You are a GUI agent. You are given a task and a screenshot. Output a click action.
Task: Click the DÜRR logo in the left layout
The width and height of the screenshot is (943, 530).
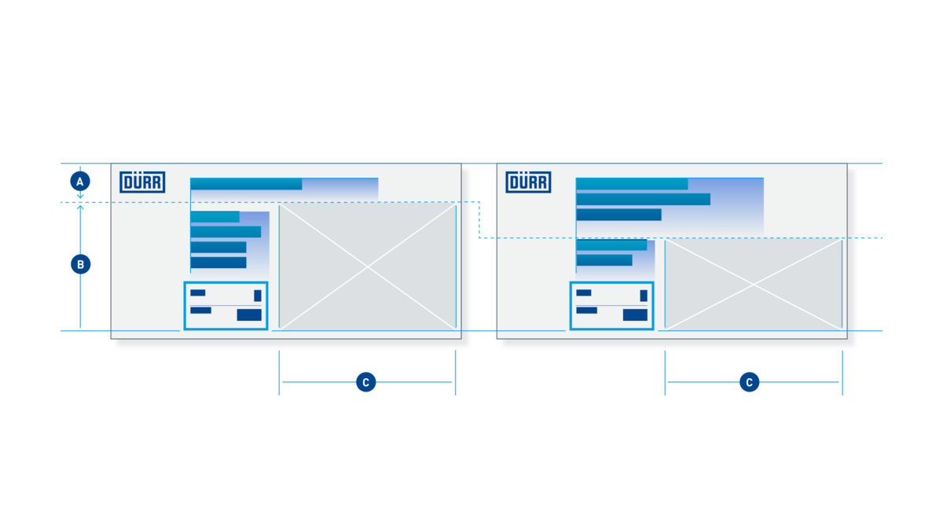(142, 182)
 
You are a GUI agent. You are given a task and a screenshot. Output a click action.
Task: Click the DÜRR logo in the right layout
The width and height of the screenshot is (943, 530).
(528, 182)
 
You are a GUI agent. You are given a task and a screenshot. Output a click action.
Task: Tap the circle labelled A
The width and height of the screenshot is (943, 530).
(80, 182)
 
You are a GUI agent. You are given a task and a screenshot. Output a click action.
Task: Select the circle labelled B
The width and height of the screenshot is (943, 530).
(80, 264)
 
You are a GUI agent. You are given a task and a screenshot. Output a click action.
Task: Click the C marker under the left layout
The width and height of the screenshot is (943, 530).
(366, 382)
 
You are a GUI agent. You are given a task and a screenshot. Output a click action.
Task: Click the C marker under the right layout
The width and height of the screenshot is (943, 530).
(750, 382)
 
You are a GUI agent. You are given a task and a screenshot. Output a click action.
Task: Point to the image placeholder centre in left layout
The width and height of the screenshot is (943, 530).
(368, 267)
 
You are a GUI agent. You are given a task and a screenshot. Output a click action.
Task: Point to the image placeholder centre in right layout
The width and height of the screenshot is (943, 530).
(754, 285)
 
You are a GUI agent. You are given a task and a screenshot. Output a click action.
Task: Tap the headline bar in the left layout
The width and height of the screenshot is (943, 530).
(246, 184)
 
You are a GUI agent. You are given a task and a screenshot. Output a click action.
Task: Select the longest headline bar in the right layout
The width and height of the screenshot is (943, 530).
(644, 199)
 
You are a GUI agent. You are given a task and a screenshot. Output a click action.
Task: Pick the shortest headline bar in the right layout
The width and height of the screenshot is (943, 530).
(619, 215)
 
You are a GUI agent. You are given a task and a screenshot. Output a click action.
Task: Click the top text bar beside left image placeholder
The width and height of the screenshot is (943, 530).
(215, 216)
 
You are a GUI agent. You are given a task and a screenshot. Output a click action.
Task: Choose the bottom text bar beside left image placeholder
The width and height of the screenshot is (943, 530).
(218, 263)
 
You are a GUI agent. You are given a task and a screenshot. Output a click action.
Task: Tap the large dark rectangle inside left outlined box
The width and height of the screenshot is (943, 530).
(249, 315)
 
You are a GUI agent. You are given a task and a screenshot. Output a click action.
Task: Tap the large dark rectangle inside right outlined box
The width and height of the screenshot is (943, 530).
(635, 315)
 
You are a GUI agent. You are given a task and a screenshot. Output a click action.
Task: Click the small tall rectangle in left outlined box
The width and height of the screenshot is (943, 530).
(258, 296)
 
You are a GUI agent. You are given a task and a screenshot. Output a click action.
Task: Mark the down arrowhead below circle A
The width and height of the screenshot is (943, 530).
(80, 196)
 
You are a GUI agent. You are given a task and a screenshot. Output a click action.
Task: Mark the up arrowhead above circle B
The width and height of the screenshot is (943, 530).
(80, 208)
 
